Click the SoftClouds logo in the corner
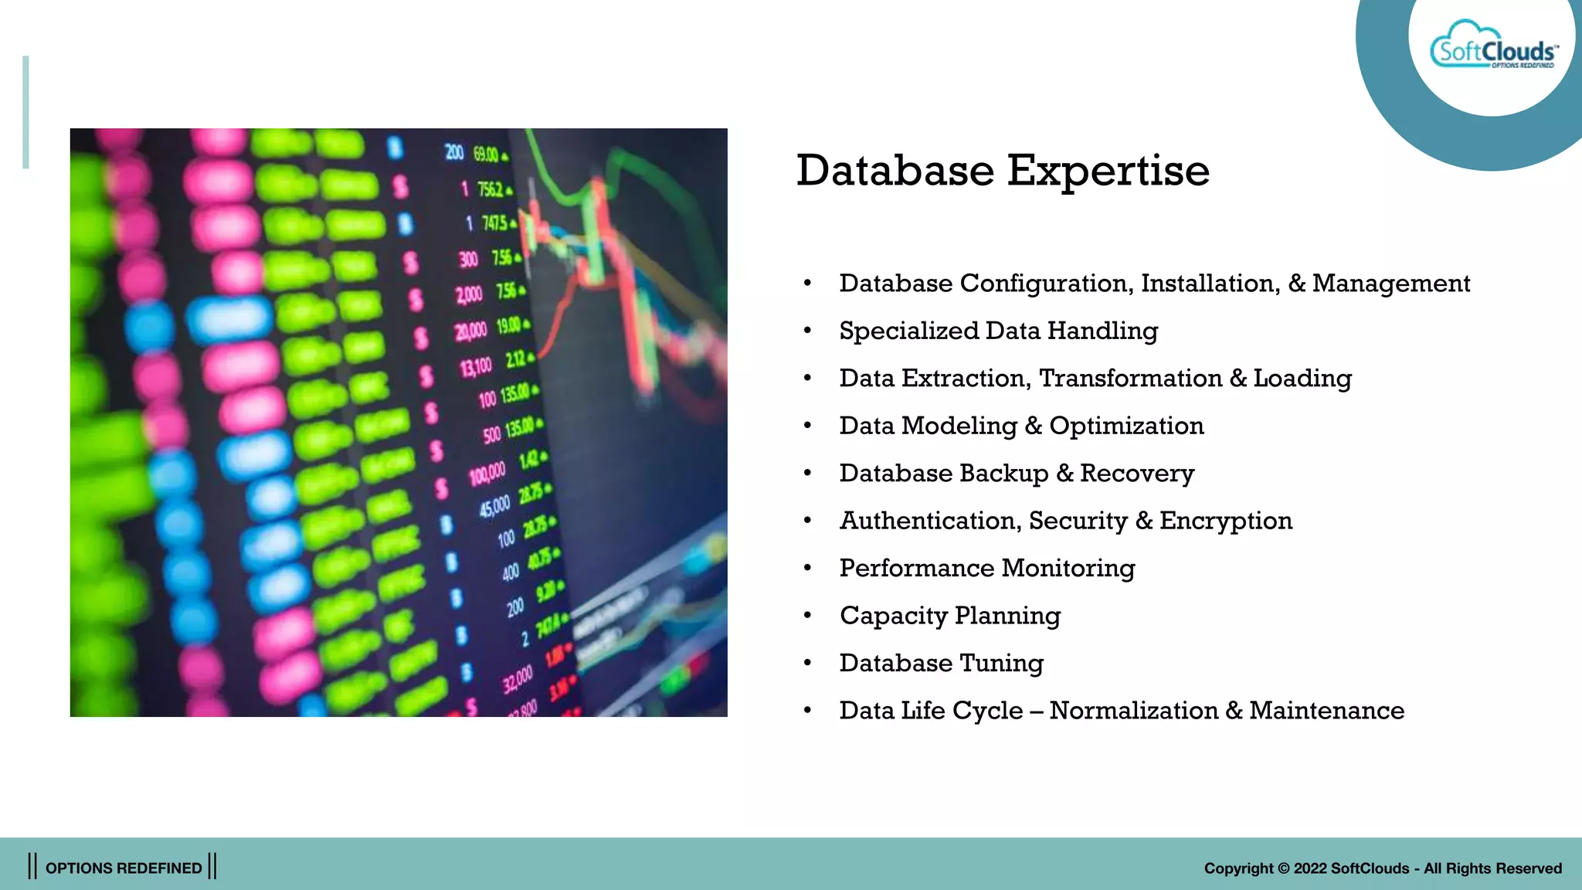pos(1493,48)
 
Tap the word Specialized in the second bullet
pos(908,331)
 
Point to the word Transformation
pos(1130,379)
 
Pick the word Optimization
pos(1126,426)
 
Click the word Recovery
pos(1137,473)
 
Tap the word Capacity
pos(893,617)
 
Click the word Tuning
pos(1001,664)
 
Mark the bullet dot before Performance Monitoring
pos(807,569)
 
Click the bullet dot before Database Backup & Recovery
pos(807,474)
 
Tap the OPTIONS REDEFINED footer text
pos(124,868)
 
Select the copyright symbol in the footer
pos(1283,868)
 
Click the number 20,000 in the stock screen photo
pos(471,331)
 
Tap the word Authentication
pos(927,521)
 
